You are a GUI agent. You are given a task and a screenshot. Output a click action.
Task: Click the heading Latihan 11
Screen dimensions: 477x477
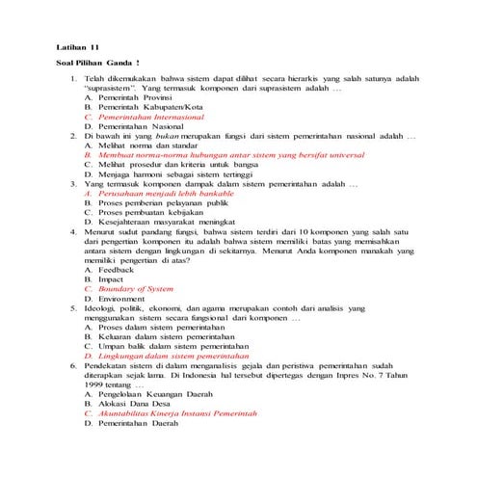pyautogui.click(x=78, y=46)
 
